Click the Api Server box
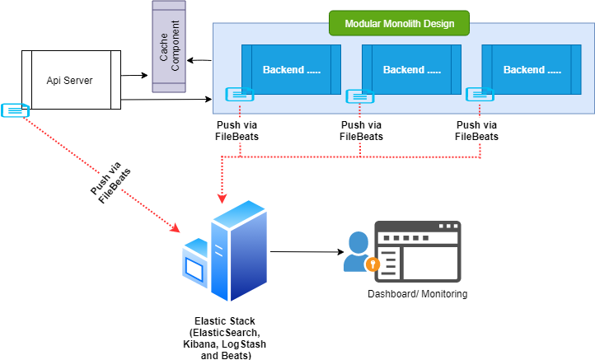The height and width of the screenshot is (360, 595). pos(69,80)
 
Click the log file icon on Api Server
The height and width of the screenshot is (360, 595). pos(15,110)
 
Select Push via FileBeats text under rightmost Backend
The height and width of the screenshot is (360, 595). pos(477,131)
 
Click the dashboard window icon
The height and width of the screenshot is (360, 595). pos(418,250)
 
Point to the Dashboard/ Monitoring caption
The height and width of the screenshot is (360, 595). pos(418,294)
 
